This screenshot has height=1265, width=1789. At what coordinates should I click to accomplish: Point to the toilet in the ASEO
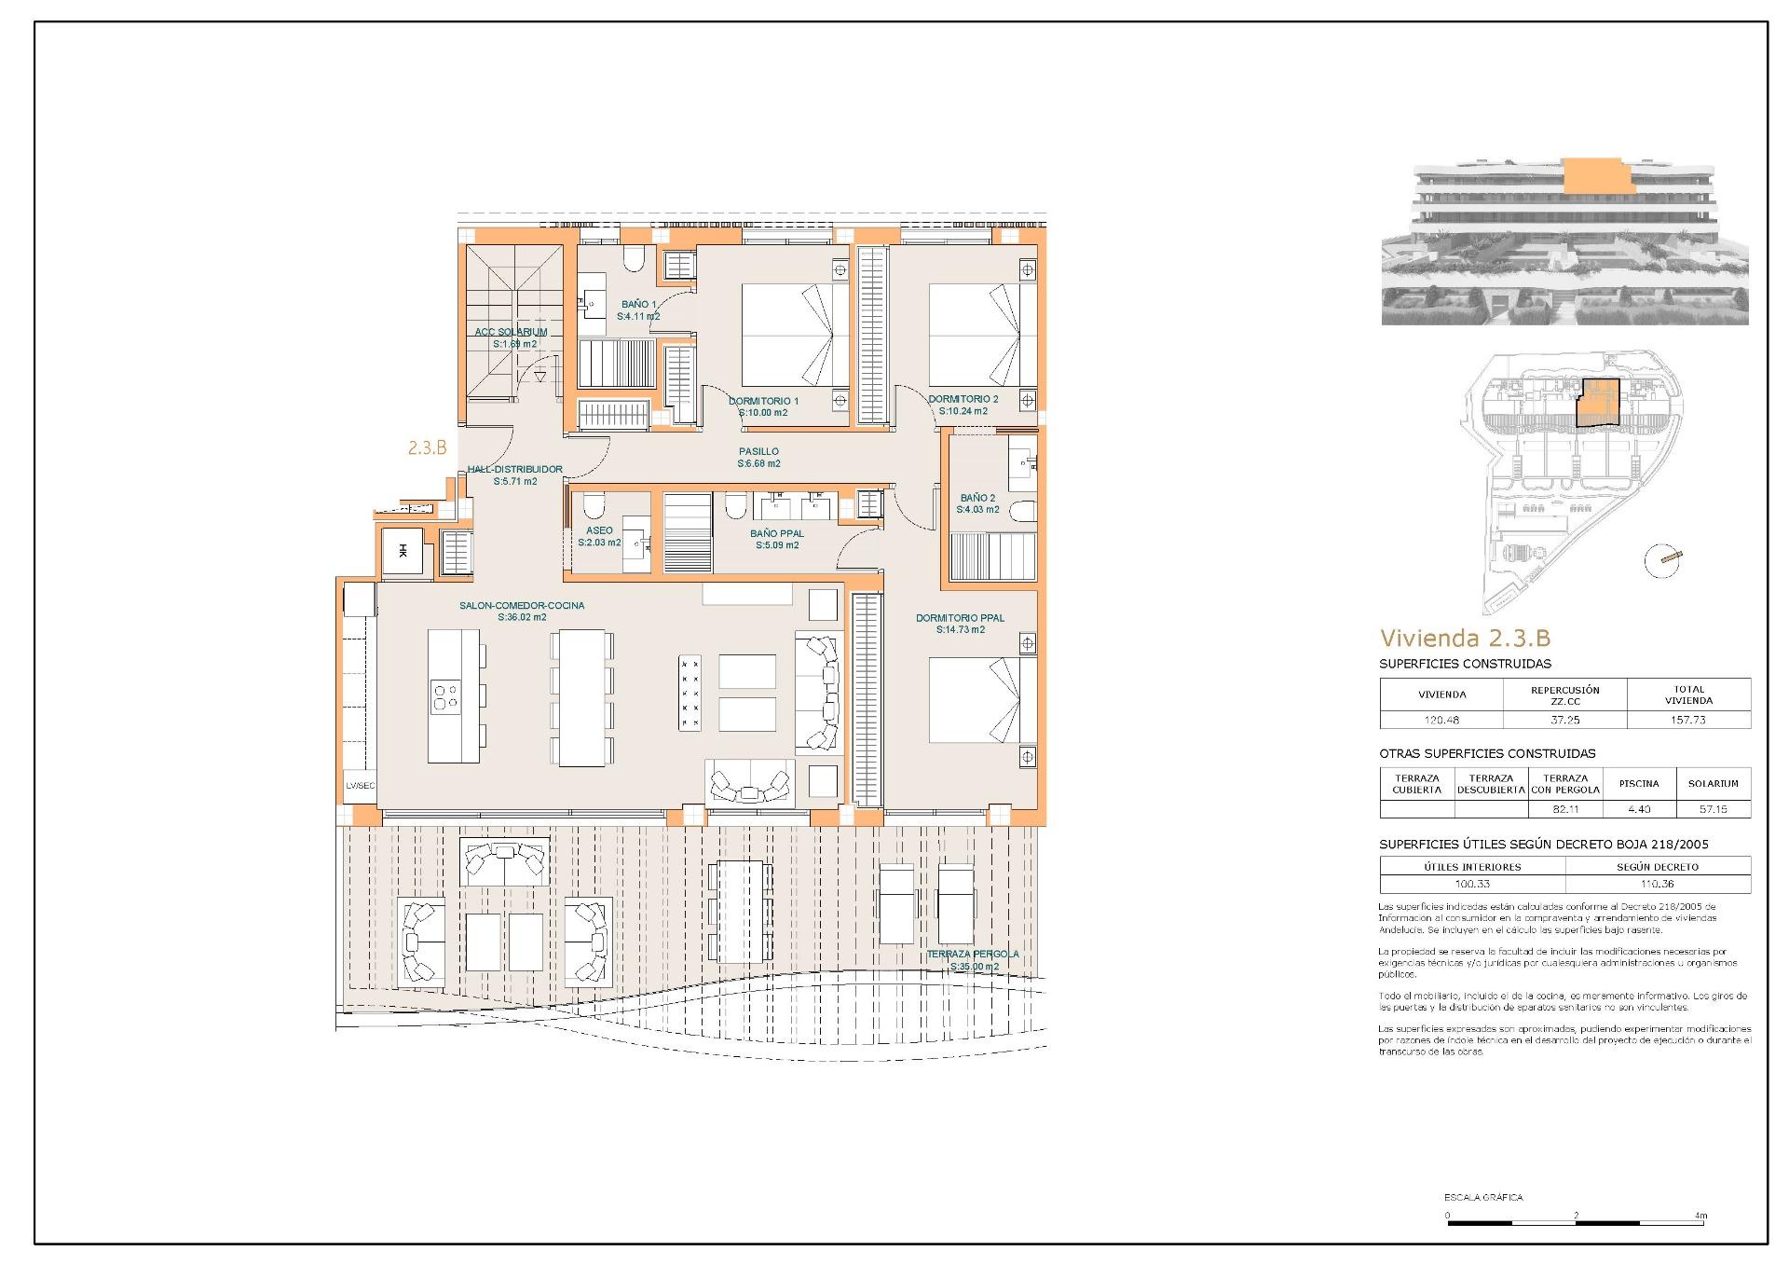point(593,507)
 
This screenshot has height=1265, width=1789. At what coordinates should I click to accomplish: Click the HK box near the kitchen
point(403,551)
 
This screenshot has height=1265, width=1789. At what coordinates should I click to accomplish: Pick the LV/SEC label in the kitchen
point(360,786)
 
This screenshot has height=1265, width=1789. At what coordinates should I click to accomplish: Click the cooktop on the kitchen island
point(445,695)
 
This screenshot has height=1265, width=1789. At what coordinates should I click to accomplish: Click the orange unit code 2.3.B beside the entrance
point(427,447)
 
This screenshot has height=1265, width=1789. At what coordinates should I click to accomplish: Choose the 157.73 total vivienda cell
point(1687,720)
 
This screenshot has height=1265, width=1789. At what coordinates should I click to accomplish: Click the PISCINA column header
point(1638,783)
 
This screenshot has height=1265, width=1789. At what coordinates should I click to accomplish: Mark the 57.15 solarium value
point(1713,809)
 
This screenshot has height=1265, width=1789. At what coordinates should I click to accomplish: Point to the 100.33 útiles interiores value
point(1472,884)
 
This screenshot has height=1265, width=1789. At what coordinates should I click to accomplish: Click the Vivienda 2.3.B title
point(1465,639)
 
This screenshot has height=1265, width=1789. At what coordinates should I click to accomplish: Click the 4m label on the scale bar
point(1700,1216)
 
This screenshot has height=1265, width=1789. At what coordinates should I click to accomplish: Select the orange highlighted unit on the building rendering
point(1599,175)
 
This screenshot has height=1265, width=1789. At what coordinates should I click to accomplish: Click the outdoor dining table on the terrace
point(739,912)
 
